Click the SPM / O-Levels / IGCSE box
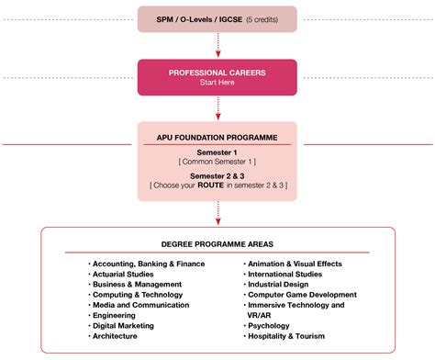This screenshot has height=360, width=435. coord(217,18)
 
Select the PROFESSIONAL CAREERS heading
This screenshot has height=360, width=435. coord(217,73)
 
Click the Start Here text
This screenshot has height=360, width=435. coord(217,83)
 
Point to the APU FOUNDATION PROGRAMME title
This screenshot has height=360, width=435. coord(217,137)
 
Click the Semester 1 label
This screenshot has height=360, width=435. coord(217,152)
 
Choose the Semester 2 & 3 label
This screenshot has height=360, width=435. coord(217,174)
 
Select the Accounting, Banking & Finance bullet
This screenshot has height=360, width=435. coord(149,264)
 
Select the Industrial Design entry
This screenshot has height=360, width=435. coord(279,284)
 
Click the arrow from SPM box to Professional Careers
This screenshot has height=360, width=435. coord(217,45)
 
